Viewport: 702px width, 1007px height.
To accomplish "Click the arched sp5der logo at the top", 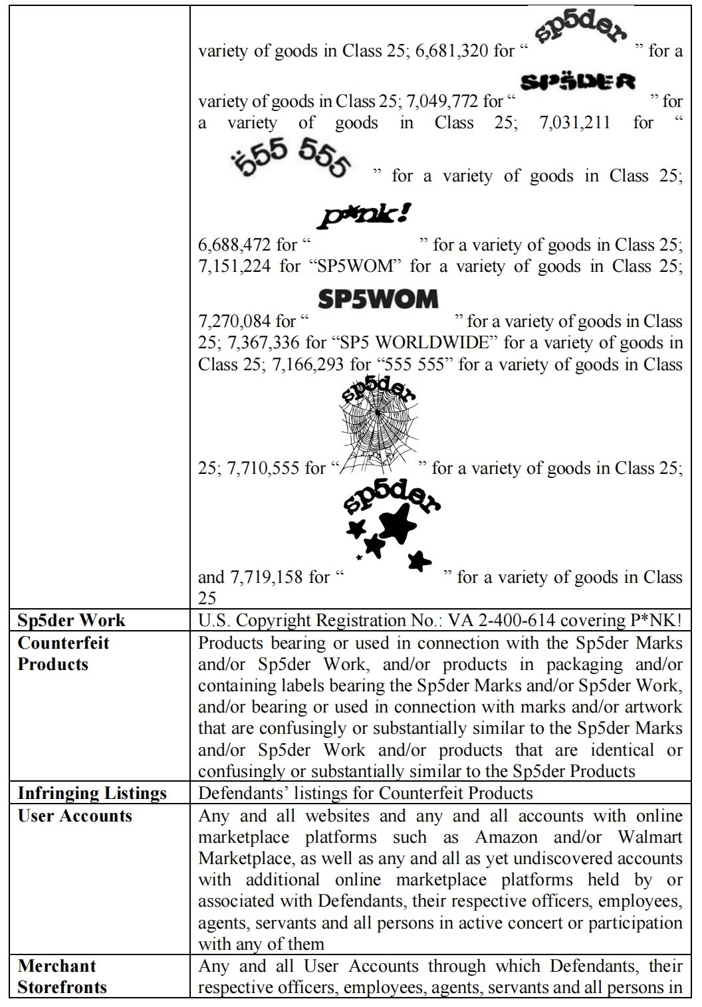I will tap(585, 30).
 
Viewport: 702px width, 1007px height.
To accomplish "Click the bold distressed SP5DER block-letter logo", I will tap(578, 82).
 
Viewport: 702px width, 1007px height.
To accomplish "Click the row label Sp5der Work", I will tap(71, 621).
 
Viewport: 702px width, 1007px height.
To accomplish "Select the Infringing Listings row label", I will tap(92, 794).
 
